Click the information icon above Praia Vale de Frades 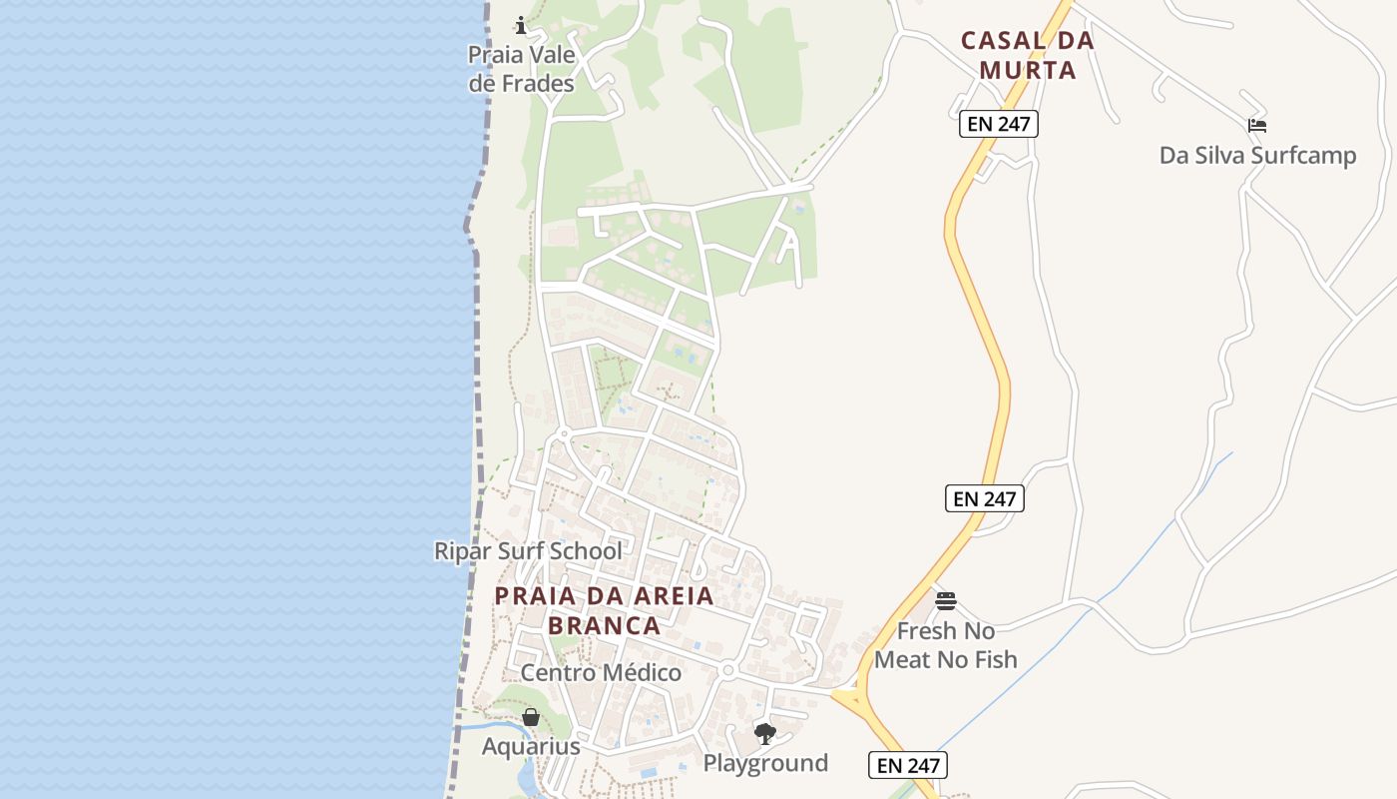pos(520,25)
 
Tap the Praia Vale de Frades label pos(522,69)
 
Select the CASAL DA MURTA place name pos(1027,56)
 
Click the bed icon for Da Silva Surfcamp pos(1257,126)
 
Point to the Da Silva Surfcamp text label pos(1257,156)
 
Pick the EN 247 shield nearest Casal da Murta pos(999,124)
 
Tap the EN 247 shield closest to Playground pos(907,765)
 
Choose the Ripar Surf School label pos(528,551)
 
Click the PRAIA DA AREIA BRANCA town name pos(605,610)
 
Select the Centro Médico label pos(601,673)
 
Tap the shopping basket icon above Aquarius pos(531,717)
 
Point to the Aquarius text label pos(531,747)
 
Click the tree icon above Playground pos(765,734)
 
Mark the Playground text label pos(765,764)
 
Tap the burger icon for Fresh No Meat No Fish pos(946,601)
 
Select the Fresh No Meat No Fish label pos(945,645)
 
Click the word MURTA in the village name pos(1028,71)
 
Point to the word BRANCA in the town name pos(605,626)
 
